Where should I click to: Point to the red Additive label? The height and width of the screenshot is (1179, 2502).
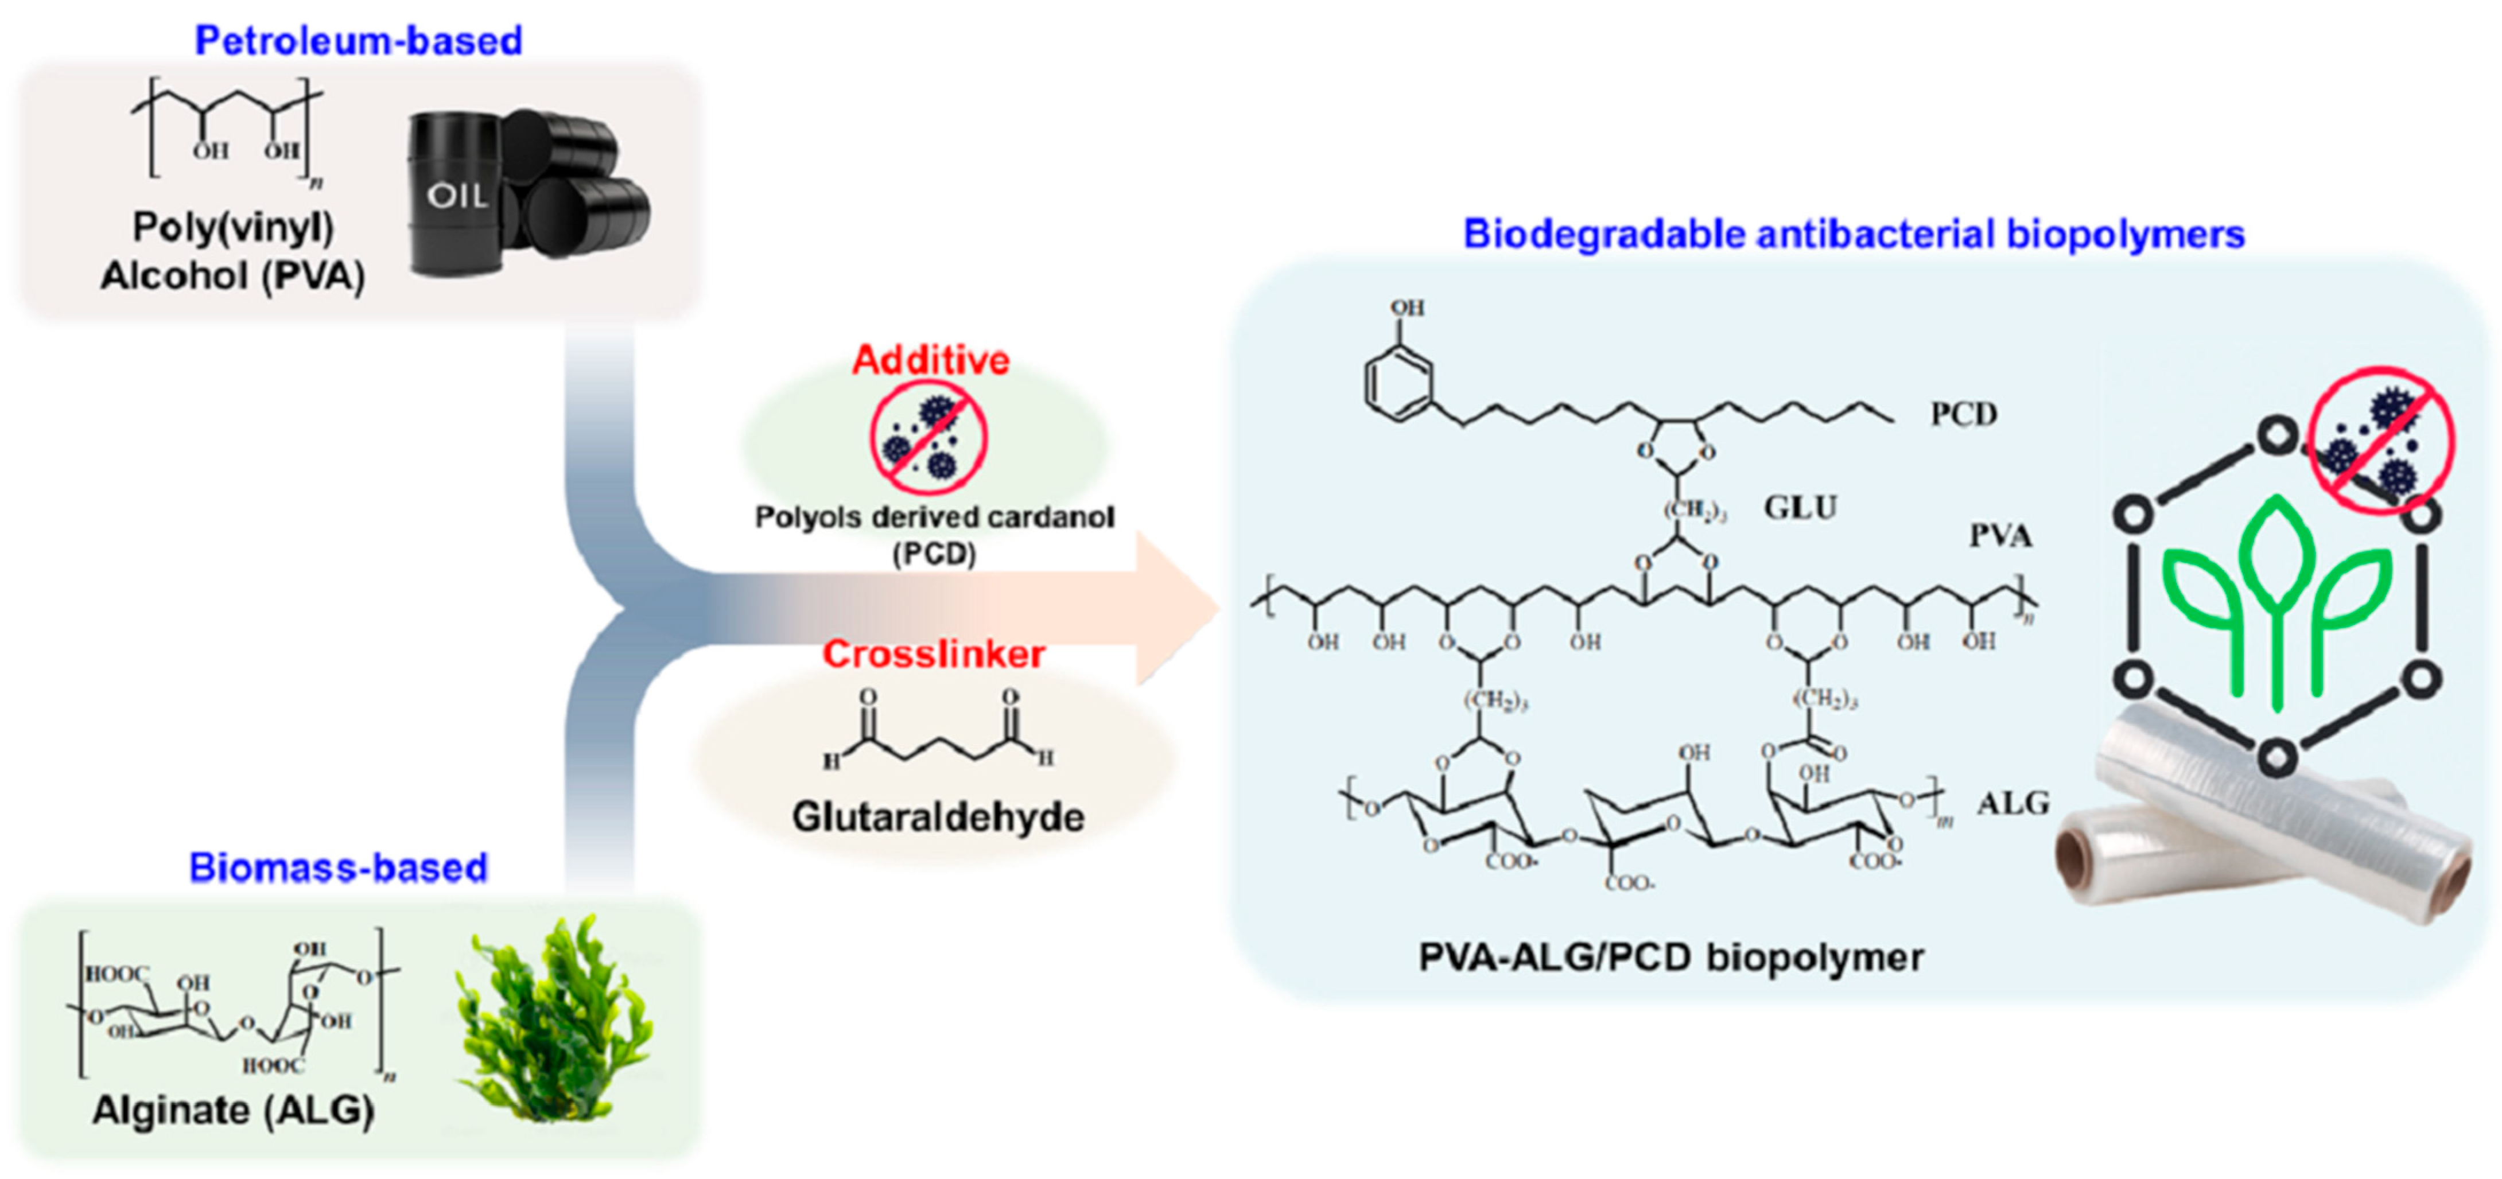click(x=930, y=360)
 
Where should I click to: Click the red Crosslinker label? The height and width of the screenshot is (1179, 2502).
click(x=934, y=653)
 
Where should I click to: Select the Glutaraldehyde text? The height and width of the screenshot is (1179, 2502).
click(x=937, y=817)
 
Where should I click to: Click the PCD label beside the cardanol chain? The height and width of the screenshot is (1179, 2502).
click(x=1963, y=415)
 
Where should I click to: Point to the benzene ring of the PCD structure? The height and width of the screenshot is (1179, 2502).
click(x=1398, y=384)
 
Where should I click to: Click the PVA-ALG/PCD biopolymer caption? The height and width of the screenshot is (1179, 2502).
click(x=1670, y=958)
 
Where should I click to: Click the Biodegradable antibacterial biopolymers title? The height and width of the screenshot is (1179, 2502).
click(x=1853, y=234)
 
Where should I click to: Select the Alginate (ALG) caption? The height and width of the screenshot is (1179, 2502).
click(x=233, y=1109)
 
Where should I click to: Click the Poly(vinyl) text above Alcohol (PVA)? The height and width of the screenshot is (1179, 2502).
click(x=233, y=227)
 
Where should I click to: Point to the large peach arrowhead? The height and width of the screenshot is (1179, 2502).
click(x=1175, y=609)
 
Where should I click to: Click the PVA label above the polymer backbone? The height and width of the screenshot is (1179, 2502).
click(x=2000, y=535)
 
